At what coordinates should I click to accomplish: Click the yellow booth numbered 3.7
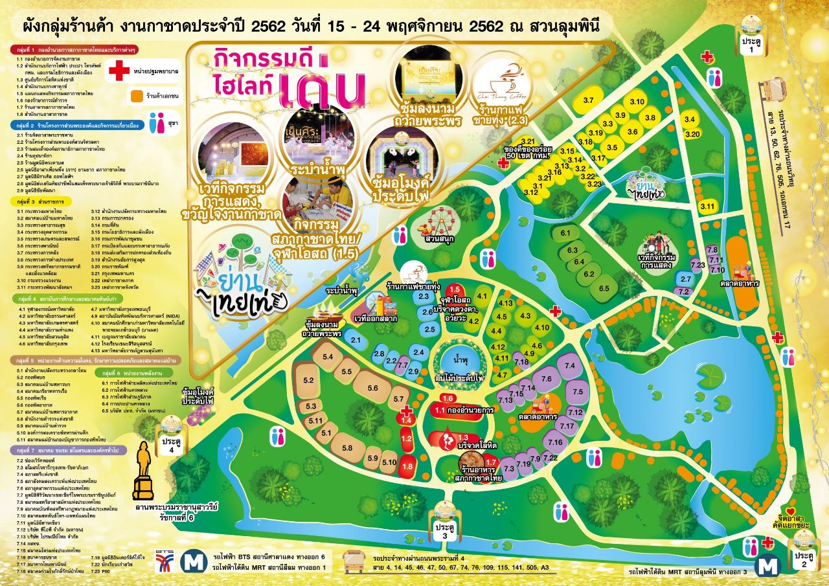pos(588,101)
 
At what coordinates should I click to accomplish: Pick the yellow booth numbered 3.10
pos(637,102)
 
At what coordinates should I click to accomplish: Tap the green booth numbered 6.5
pos(604,288)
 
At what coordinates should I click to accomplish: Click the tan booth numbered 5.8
pos(346,448)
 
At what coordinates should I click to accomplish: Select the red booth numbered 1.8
pos(407,466)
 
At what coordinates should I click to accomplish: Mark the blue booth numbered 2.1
pos(356,340)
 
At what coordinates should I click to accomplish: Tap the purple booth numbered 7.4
pos(570,367)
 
